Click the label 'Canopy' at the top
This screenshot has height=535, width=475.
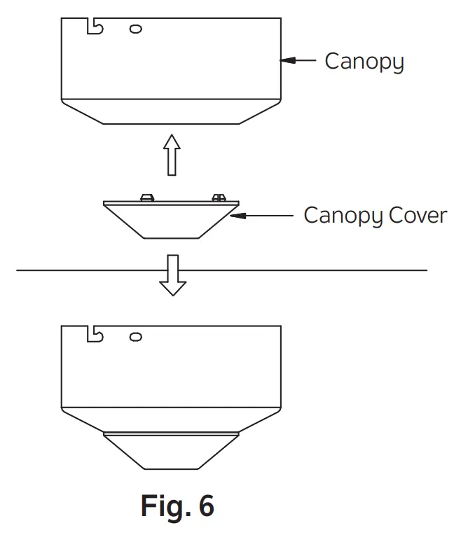(364, 62)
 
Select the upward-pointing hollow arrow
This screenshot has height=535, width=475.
(171, 155)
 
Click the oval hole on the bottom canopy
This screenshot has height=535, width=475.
(136, 337)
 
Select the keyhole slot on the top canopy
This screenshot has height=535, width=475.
(94, 27)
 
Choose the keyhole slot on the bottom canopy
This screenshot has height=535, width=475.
(94, 333)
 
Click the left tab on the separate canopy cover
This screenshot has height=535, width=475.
(147, 197)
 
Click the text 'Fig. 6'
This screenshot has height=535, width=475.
(177, 505)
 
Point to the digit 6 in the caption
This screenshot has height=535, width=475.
(205, 505)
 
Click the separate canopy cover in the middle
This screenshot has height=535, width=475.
(171, 221)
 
